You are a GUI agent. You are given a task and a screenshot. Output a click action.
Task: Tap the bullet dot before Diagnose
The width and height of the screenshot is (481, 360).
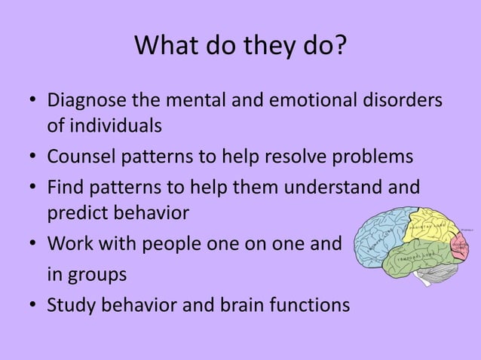click(33, 102)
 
